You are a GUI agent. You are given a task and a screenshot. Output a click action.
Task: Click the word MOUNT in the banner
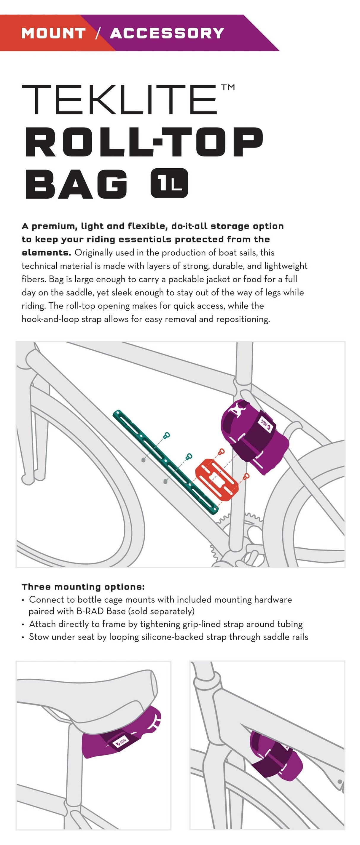coord(53,33)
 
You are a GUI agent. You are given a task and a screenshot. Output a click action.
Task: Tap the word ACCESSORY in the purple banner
coord(167,33)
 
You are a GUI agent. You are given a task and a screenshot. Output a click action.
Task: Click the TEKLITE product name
coord(119,100)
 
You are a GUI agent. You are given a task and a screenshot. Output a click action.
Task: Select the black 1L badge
coord(169,183)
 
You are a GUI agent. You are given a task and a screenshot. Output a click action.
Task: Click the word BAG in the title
coord(76,184)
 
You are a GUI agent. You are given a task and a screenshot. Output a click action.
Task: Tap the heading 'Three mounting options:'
coord(83,587)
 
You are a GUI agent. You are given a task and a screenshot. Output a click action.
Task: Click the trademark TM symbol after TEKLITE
coord(228,87)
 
